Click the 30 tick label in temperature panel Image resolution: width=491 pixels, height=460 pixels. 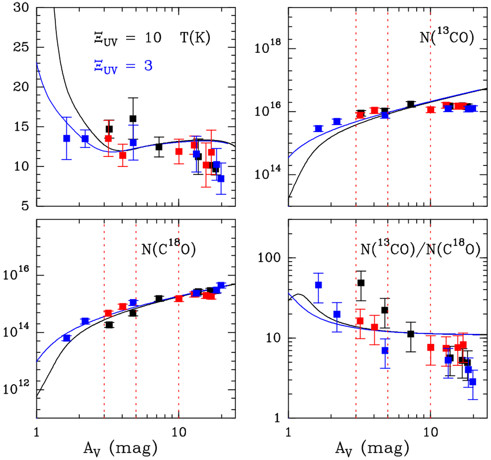[x=21, y=8]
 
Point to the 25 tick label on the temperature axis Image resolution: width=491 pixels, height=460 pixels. [x=21, y=47]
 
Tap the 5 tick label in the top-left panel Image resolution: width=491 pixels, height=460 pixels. [x=26, y=206]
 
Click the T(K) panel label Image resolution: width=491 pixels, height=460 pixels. [x=195, y=38]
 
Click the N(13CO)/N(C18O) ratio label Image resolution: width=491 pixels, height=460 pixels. [x=420, y=248]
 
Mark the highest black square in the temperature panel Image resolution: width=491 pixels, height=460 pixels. [x=133, y=119]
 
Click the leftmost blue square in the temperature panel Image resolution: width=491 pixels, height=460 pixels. [x=67, y=138]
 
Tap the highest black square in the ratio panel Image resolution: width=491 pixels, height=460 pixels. [x=361, y=283]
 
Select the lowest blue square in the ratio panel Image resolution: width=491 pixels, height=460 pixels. [x=473, y=382]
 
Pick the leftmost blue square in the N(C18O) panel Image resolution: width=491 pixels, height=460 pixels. [x=67, y=338]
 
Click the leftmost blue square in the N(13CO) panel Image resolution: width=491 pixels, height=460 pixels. [x=318, y=129]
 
